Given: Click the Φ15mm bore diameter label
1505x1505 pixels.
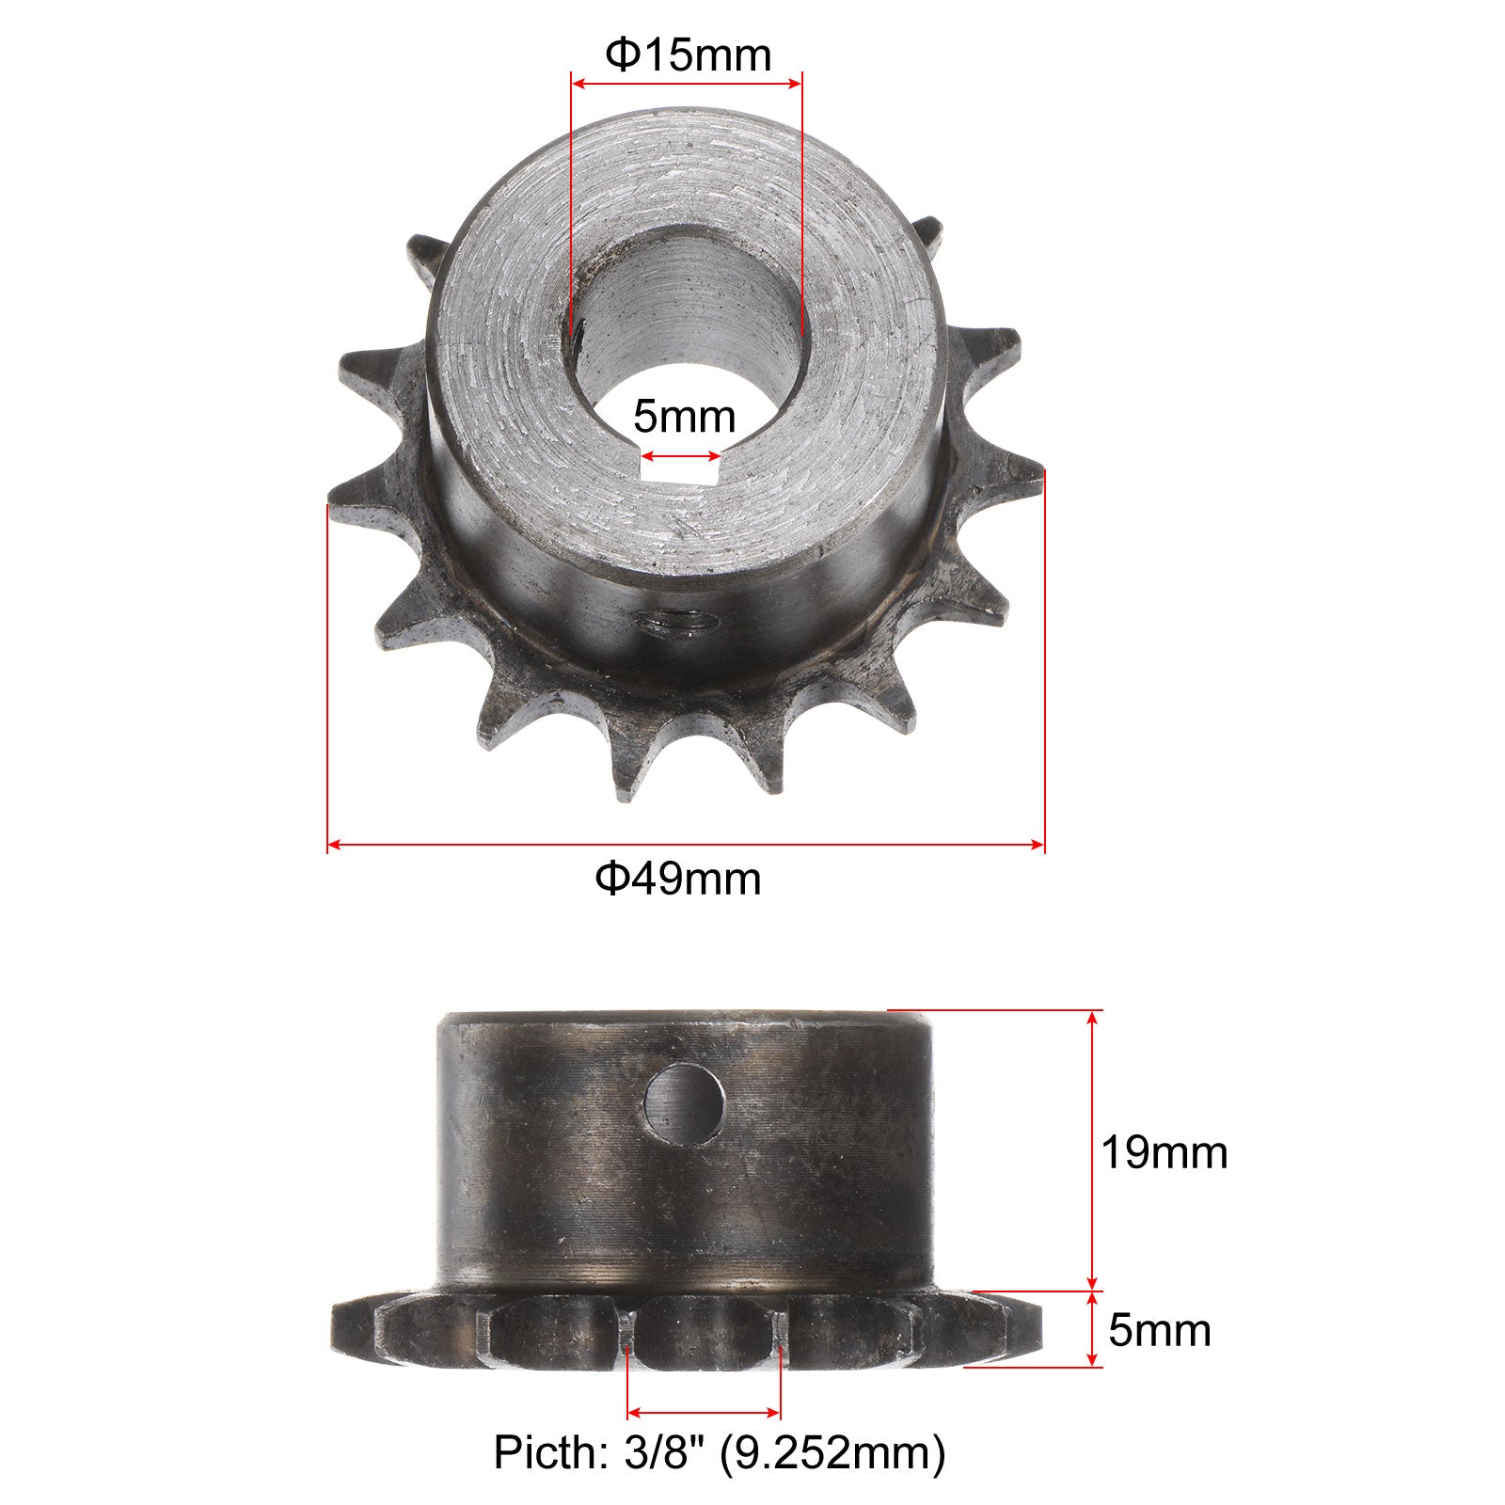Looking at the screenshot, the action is click(688, 56).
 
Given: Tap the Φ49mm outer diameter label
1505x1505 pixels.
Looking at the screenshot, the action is click(678, 879).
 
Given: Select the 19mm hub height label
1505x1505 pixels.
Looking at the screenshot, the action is click(1164, 1152).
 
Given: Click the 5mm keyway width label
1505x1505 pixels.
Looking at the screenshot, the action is click(684, 415).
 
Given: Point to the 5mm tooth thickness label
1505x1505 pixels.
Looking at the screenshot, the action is click(1160, 1331).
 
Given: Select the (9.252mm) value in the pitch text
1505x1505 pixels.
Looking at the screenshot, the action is click(832, 1453).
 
